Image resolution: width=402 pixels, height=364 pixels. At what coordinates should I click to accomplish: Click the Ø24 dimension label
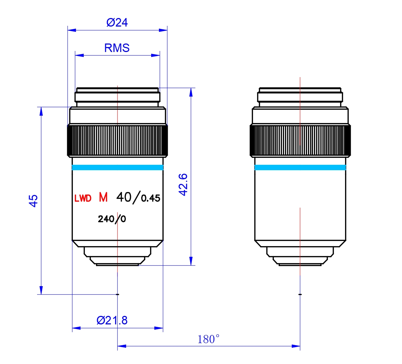tap(117, 23)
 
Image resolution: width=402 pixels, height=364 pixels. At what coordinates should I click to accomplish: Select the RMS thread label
tap(117, 48)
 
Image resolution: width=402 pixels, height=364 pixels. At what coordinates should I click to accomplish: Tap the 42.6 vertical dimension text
tap(183, 184)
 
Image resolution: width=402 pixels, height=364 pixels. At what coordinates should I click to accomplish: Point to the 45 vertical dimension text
tap(33, 201)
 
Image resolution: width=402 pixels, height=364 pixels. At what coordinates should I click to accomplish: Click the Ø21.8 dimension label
tap(112, 320)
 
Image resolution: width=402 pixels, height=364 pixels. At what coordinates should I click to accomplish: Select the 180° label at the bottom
tap(209, 340)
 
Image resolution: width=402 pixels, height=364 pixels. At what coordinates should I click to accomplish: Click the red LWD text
tap(83, 198)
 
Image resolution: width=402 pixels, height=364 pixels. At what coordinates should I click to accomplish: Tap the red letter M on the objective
tap(103, 197)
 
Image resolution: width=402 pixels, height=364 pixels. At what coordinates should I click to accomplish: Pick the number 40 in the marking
tap(124, 197)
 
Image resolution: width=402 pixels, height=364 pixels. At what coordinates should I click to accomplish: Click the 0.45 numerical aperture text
tap(150, 198)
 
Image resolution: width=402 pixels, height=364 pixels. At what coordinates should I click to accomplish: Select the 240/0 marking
tap(112, 219)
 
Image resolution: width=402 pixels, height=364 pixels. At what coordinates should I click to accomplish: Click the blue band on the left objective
tap(117, 167)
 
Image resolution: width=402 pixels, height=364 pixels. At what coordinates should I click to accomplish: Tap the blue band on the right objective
tap(300, 167)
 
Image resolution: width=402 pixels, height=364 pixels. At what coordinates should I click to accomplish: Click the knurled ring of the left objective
tap(117, 140)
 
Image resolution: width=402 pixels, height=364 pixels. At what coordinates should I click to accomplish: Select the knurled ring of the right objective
tap(300, 140)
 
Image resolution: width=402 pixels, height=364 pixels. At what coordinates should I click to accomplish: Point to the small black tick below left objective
tap(118, 294)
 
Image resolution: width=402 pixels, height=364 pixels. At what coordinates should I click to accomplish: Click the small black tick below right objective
tap(300, 294)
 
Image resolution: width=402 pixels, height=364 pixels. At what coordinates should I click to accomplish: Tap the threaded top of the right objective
tap(300, 95)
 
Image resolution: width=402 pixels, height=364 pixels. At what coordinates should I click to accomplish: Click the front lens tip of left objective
tap(117, 262)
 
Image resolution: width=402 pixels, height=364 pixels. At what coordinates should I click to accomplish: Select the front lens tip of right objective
tap(300, 262)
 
